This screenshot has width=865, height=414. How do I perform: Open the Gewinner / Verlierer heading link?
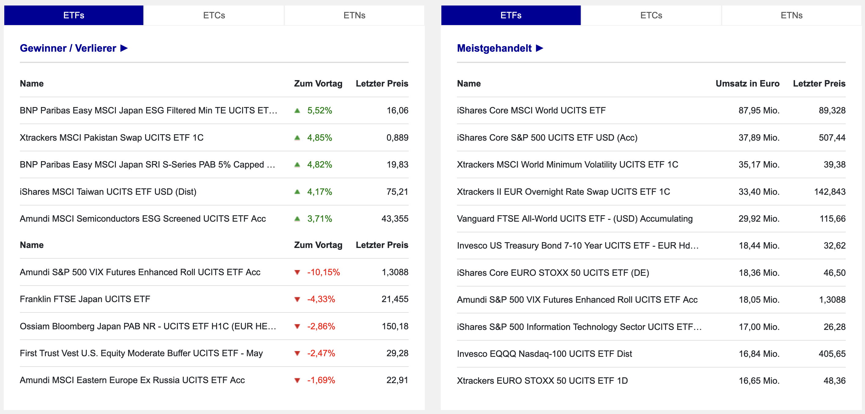(x=74, y=48)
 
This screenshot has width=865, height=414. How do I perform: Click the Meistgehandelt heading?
(x=500, y=48)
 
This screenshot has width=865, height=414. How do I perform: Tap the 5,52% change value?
(x=319, y=111)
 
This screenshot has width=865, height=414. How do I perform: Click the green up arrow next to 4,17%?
(x=297, y=192)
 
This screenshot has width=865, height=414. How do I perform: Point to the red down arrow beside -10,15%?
(x=297, y=272)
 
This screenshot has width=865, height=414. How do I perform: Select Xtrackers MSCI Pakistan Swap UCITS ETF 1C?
(x=112, y=138)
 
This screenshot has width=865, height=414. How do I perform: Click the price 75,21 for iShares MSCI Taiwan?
(x=397, y=192)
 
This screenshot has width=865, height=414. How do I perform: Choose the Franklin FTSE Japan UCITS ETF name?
(x=85, y=299)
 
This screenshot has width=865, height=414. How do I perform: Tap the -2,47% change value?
(x=321, y=353)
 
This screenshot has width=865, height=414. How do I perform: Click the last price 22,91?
(x=397, y=380)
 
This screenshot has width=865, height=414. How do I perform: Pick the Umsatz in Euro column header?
(x=747, y=84)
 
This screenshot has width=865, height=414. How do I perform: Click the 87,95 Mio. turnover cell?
(x=759, y=111)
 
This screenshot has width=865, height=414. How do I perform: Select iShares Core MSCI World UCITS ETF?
(x=531, y=111)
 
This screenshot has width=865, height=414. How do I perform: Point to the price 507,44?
(x=832, y=138)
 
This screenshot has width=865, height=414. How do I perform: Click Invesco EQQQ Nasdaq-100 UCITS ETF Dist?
(x=544, y=354)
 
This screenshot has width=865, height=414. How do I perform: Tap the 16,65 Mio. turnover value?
(x=759, y=381)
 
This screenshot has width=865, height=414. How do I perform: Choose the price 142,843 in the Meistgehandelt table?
(x=830, y=192)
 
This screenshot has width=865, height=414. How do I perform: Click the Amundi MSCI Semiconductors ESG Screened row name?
(x=143, y=219)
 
